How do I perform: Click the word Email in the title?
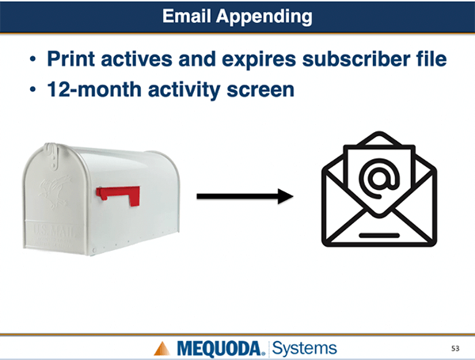pos(186,16)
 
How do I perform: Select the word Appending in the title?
pos(264,17)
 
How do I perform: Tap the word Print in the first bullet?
pos(71,59)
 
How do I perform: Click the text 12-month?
pos(94,89)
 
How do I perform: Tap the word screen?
pos(260,91)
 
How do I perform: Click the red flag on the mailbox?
pos(119,195)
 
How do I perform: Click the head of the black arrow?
pos(285,196)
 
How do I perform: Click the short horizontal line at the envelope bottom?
pos(379,235)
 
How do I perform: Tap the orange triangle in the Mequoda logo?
pos(162,348)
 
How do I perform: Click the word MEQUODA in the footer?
pos(218,349)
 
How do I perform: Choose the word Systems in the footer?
pos(305,348)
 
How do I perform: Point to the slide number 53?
pos(455,348)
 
